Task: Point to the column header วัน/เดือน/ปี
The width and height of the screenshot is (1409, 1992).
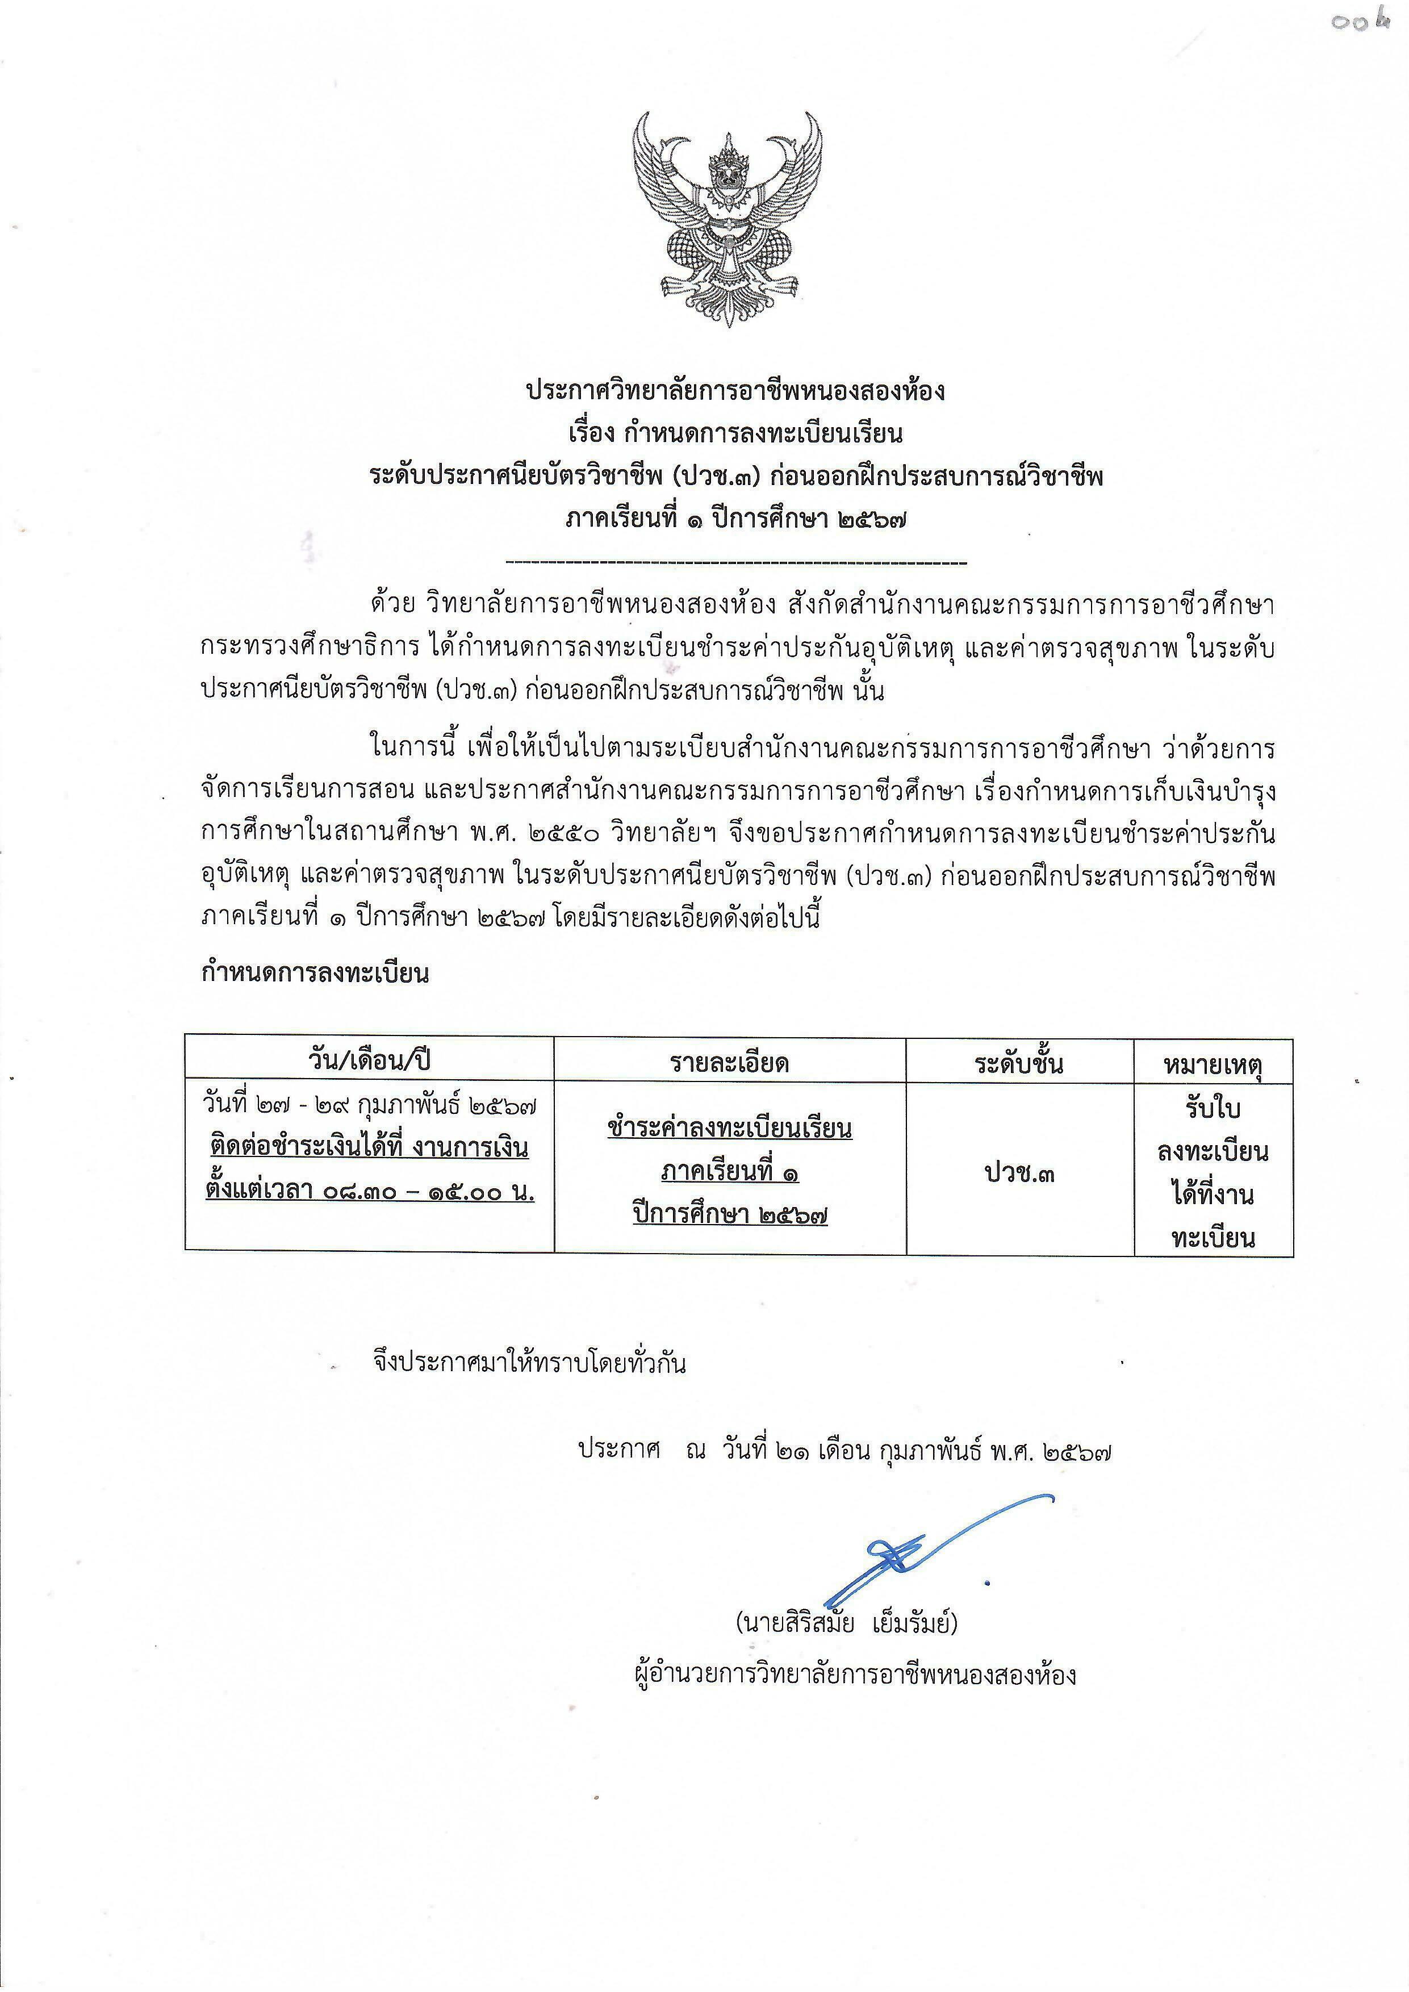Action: click(x=370, y=1060)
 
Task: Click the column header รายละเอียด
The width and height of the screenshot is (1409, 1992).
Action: click(x=730, y=1063)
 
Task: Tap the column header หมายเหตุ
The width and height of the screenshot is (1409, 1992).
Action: click(x=1213, y=1064)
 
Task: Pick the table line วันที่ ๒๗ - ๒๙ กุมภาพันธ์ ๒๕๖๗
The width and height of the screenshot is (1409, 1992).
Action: click(x=370, y=1105)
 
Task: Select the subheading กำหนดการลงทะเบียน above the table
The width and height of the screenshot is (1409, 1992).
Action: click(x=315, y=974)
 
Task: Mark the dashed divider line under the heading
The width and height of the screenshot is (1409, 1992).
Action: click(x=735, y=564)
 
